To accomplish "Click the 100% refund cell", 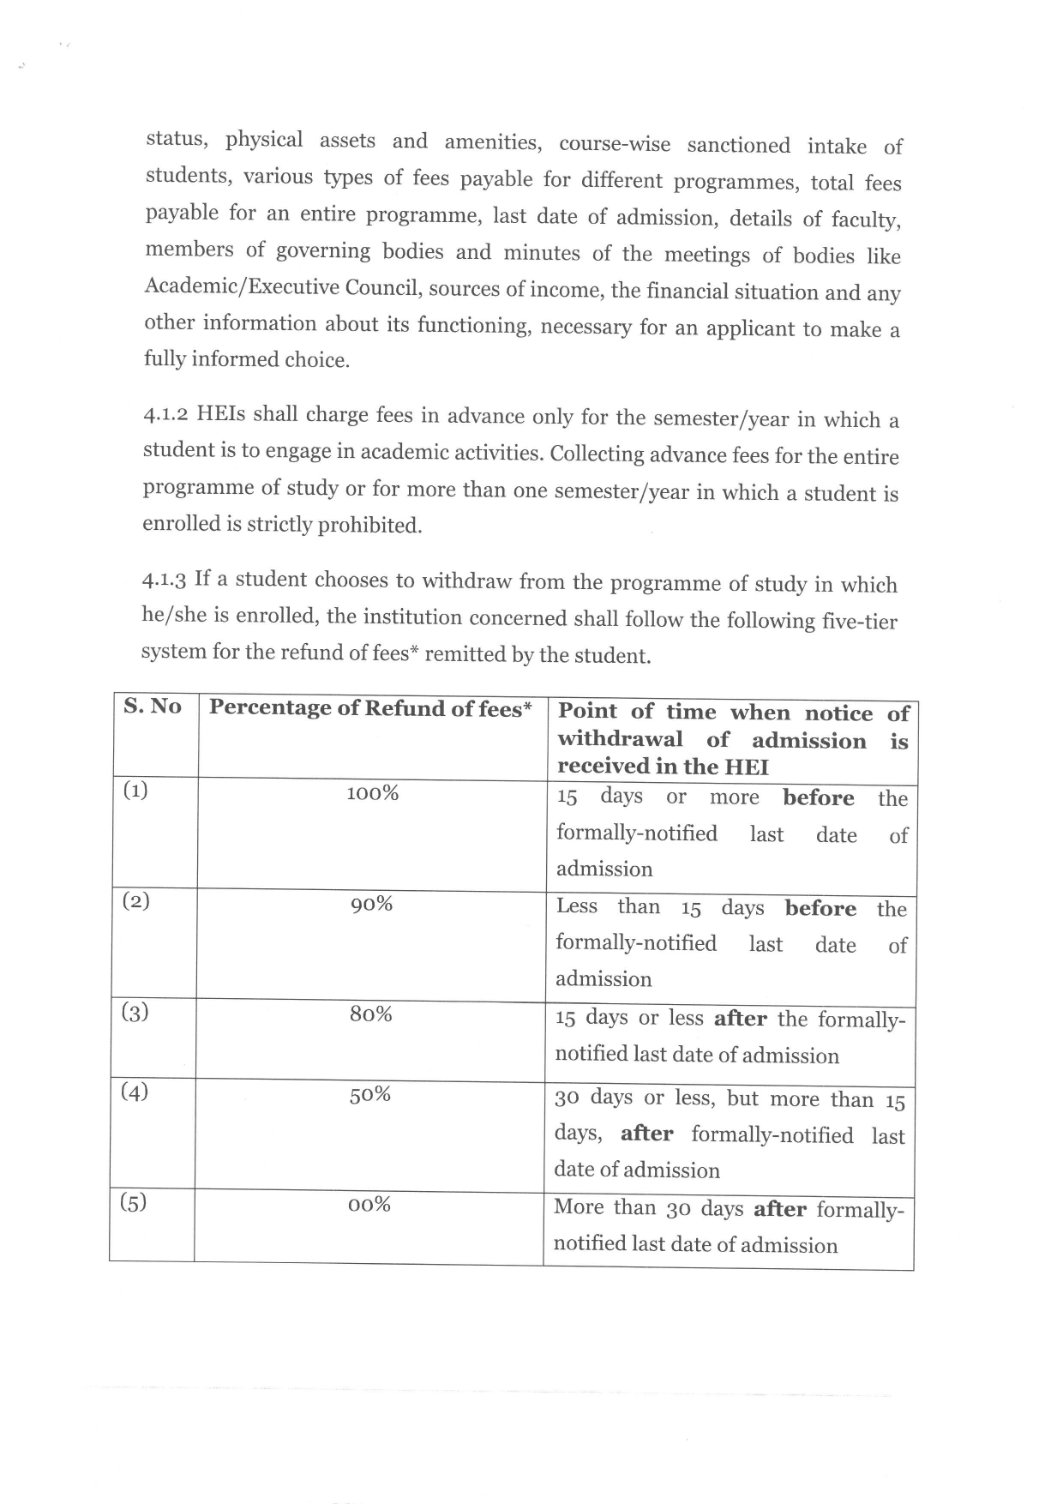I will tap(372, 793).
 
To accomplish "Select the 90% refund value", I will tap(371, 904).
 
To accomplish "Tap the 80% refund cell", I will tap(370, 1014).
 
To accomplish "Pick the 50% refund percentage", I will tap(369, 1094).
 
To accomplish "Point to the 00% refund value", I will tap(369, 1205).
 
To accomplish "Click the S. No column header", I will tap(153, 707).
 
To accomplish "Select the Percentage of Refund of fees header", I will tap(370, 708).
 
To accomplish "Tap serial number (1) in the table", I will tap(135, 790).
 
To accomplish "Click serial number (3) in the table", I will tap(135, 1013).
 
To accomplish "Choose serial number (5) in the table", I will tap(133, 1202).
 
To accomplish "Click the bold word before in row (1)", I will tap(819, 798).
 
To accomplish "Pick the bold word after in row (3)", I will tap(740, 1019).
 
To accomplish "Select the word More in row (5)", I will tap(579, 1207).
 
